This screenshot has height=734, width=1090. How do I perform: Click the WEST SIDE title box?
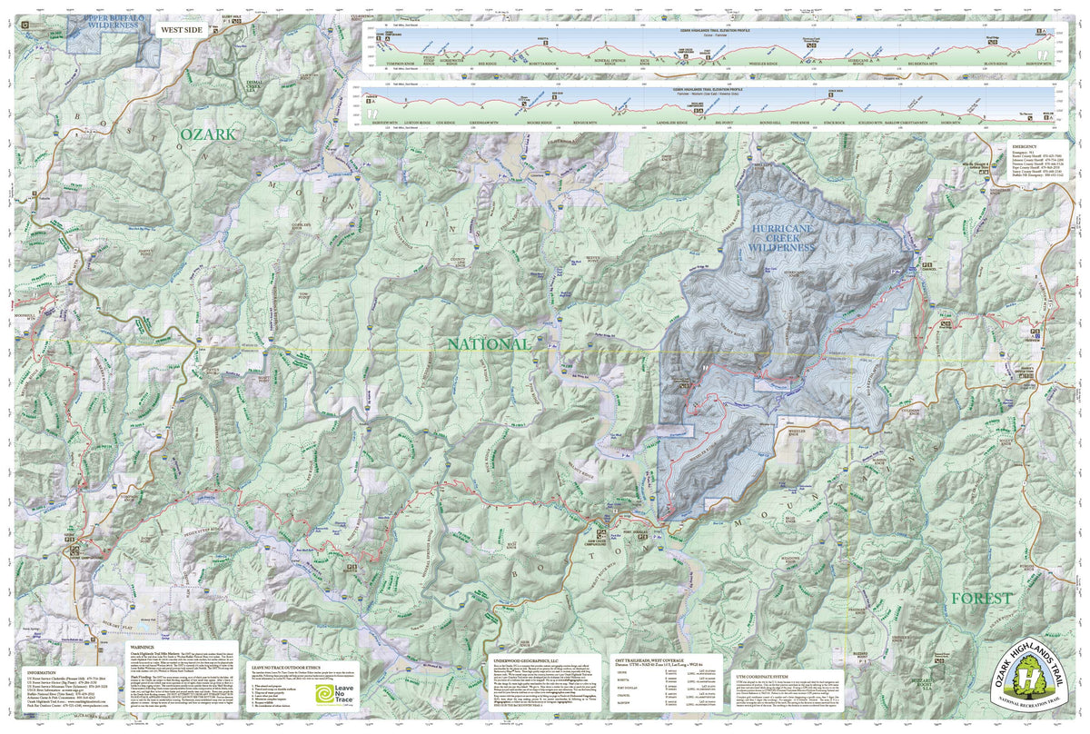[x=182, y=30]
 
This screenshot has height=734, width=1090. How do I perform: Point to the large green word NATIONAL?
[x=488, y=344]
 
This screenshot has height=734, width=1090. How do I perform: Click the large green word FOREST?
[x=981, y=598]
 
